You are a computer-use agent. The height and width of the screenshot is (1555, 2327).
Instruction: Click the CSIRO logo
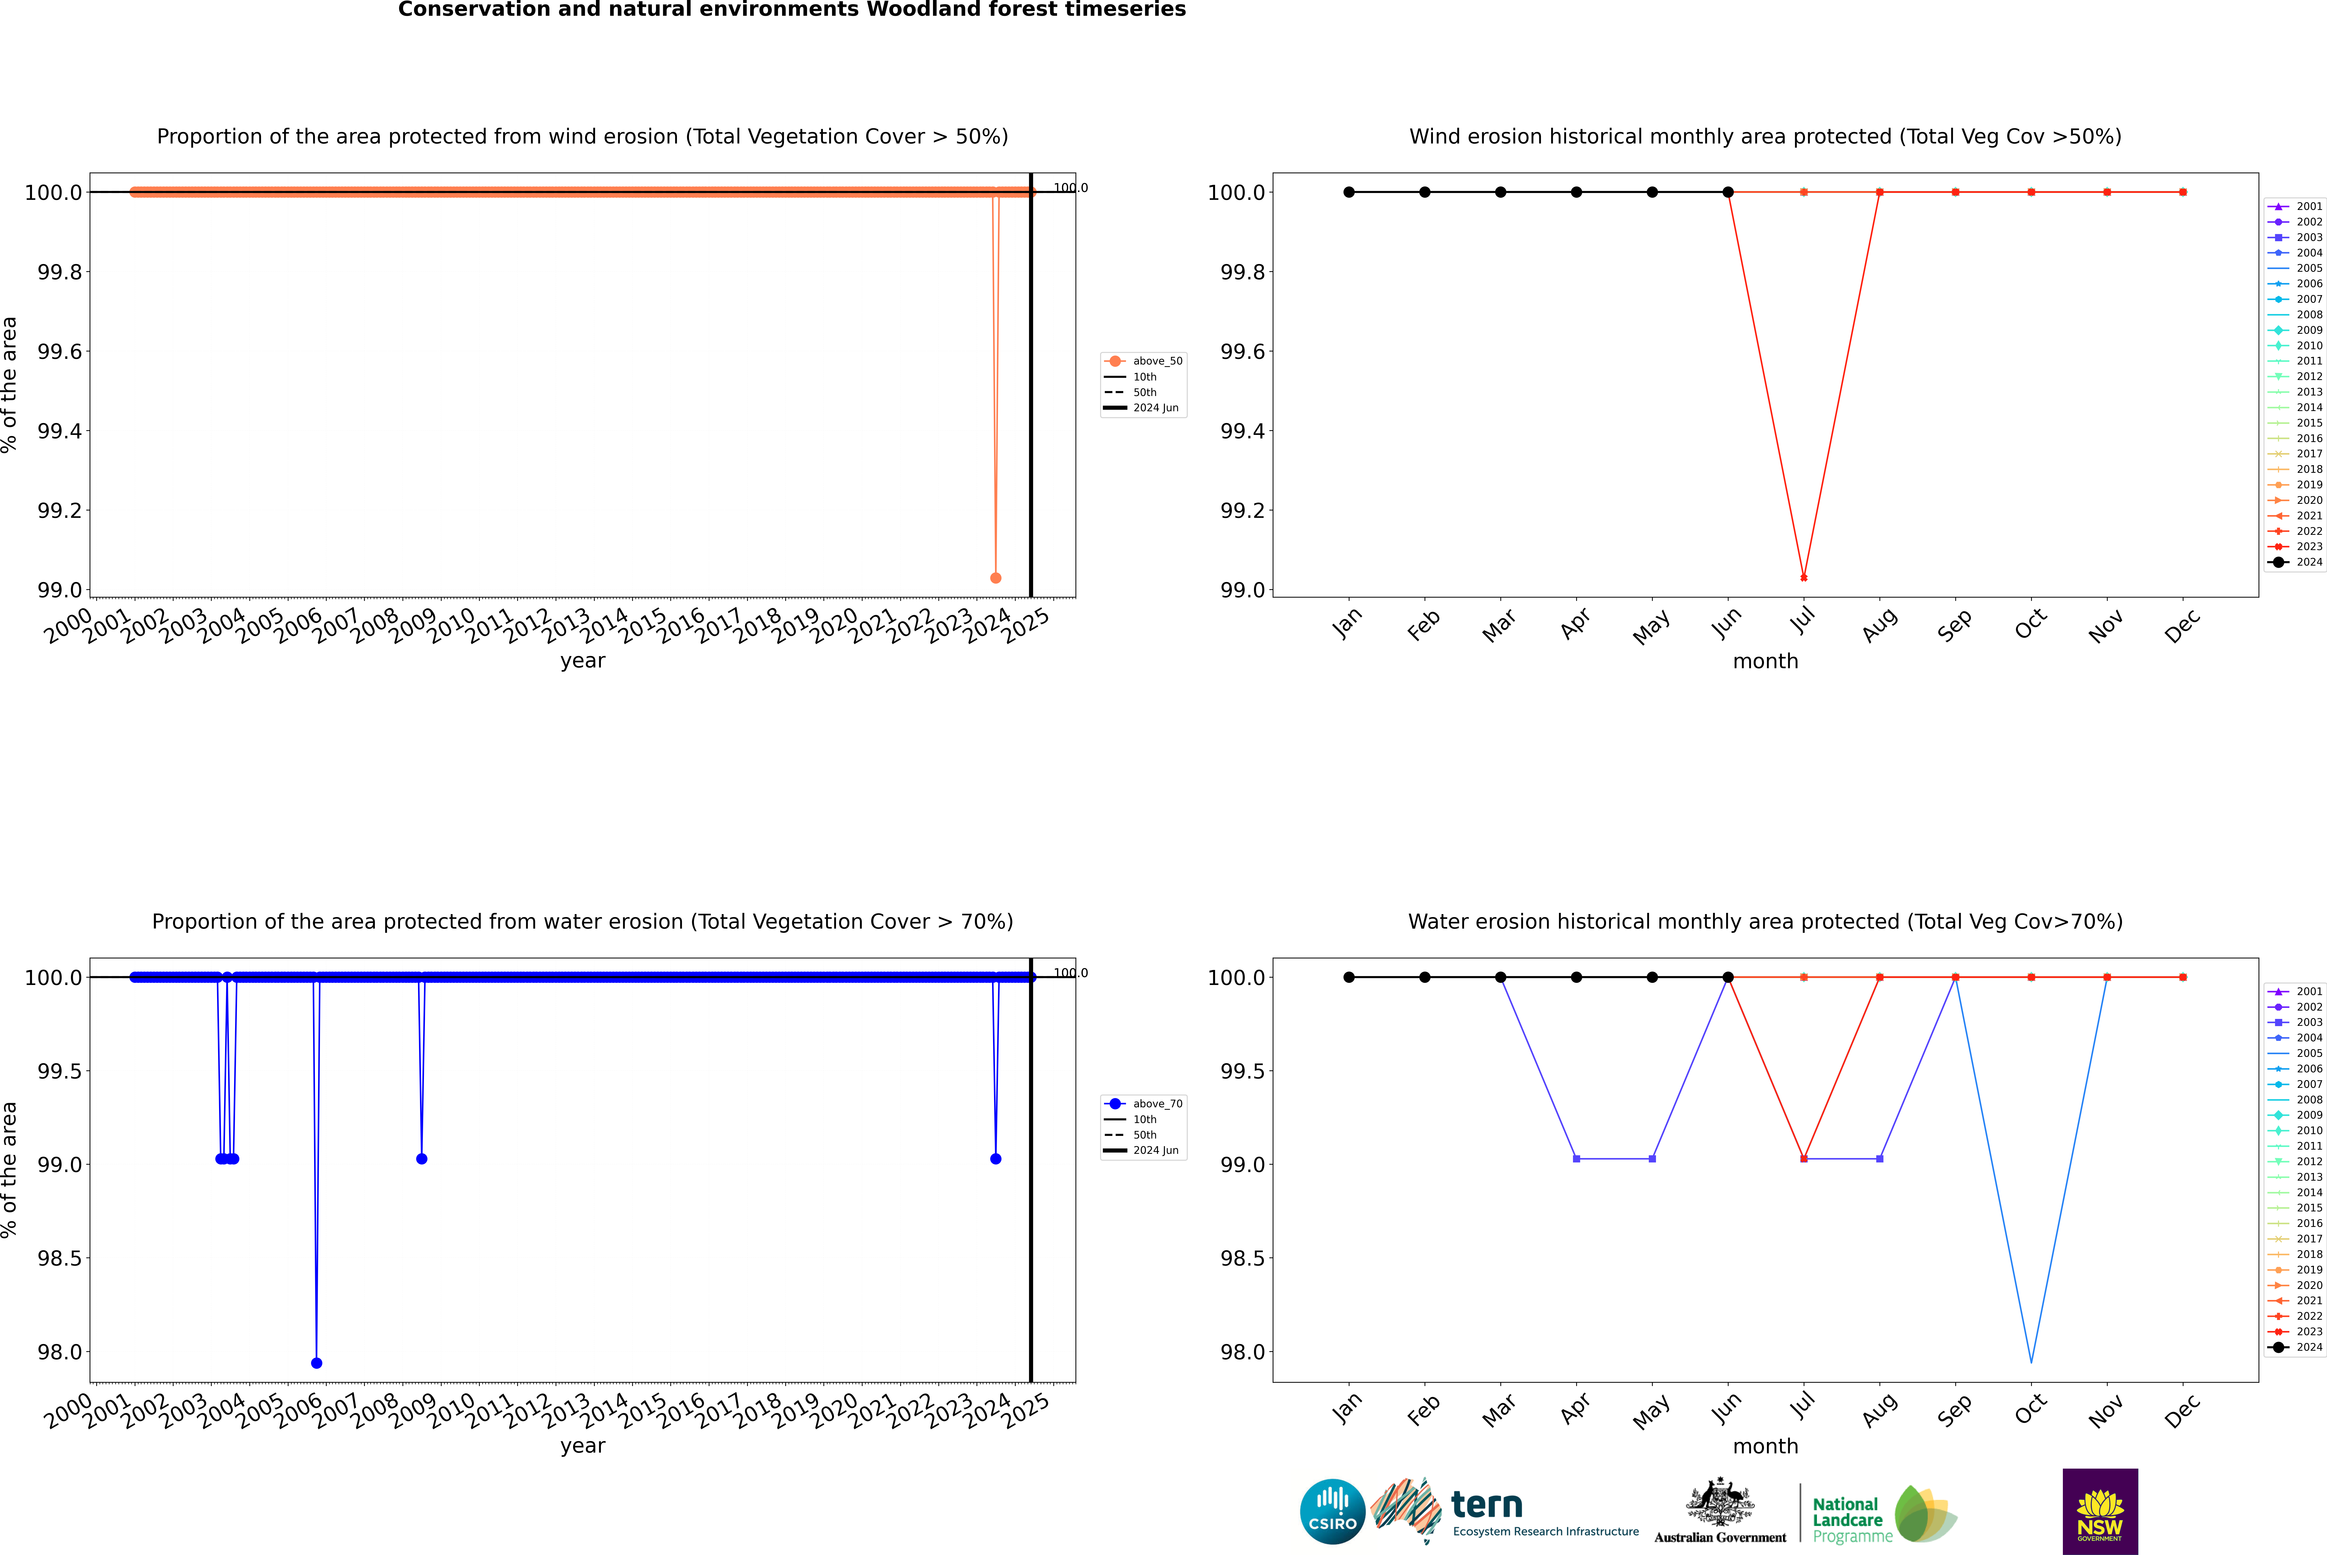[1332, 1511]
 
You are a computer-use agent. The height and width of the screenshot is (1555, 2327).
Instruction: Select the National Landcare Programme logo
[1883, 1514]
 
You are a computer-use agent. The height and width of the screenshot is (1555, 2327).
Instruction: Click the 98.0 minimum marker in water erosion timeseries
[316, 1363]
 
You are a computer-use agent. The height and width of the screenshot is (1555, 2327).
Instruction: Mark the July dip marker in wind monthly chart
[1803, 577]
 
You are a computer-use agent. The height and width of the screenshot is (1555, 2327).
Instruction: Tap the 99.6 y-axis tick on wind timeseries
[60, 352]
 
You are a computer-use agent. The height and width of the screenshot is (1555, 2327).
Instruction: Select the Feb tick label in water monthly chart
[1423, 1410]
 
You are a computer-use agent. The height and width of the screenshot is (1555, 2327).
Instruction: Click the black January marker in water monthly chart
[1349, 977]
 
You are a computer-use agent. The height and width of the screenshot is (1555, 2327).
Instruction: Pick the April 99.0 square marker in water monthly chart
[1576, 1158]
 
